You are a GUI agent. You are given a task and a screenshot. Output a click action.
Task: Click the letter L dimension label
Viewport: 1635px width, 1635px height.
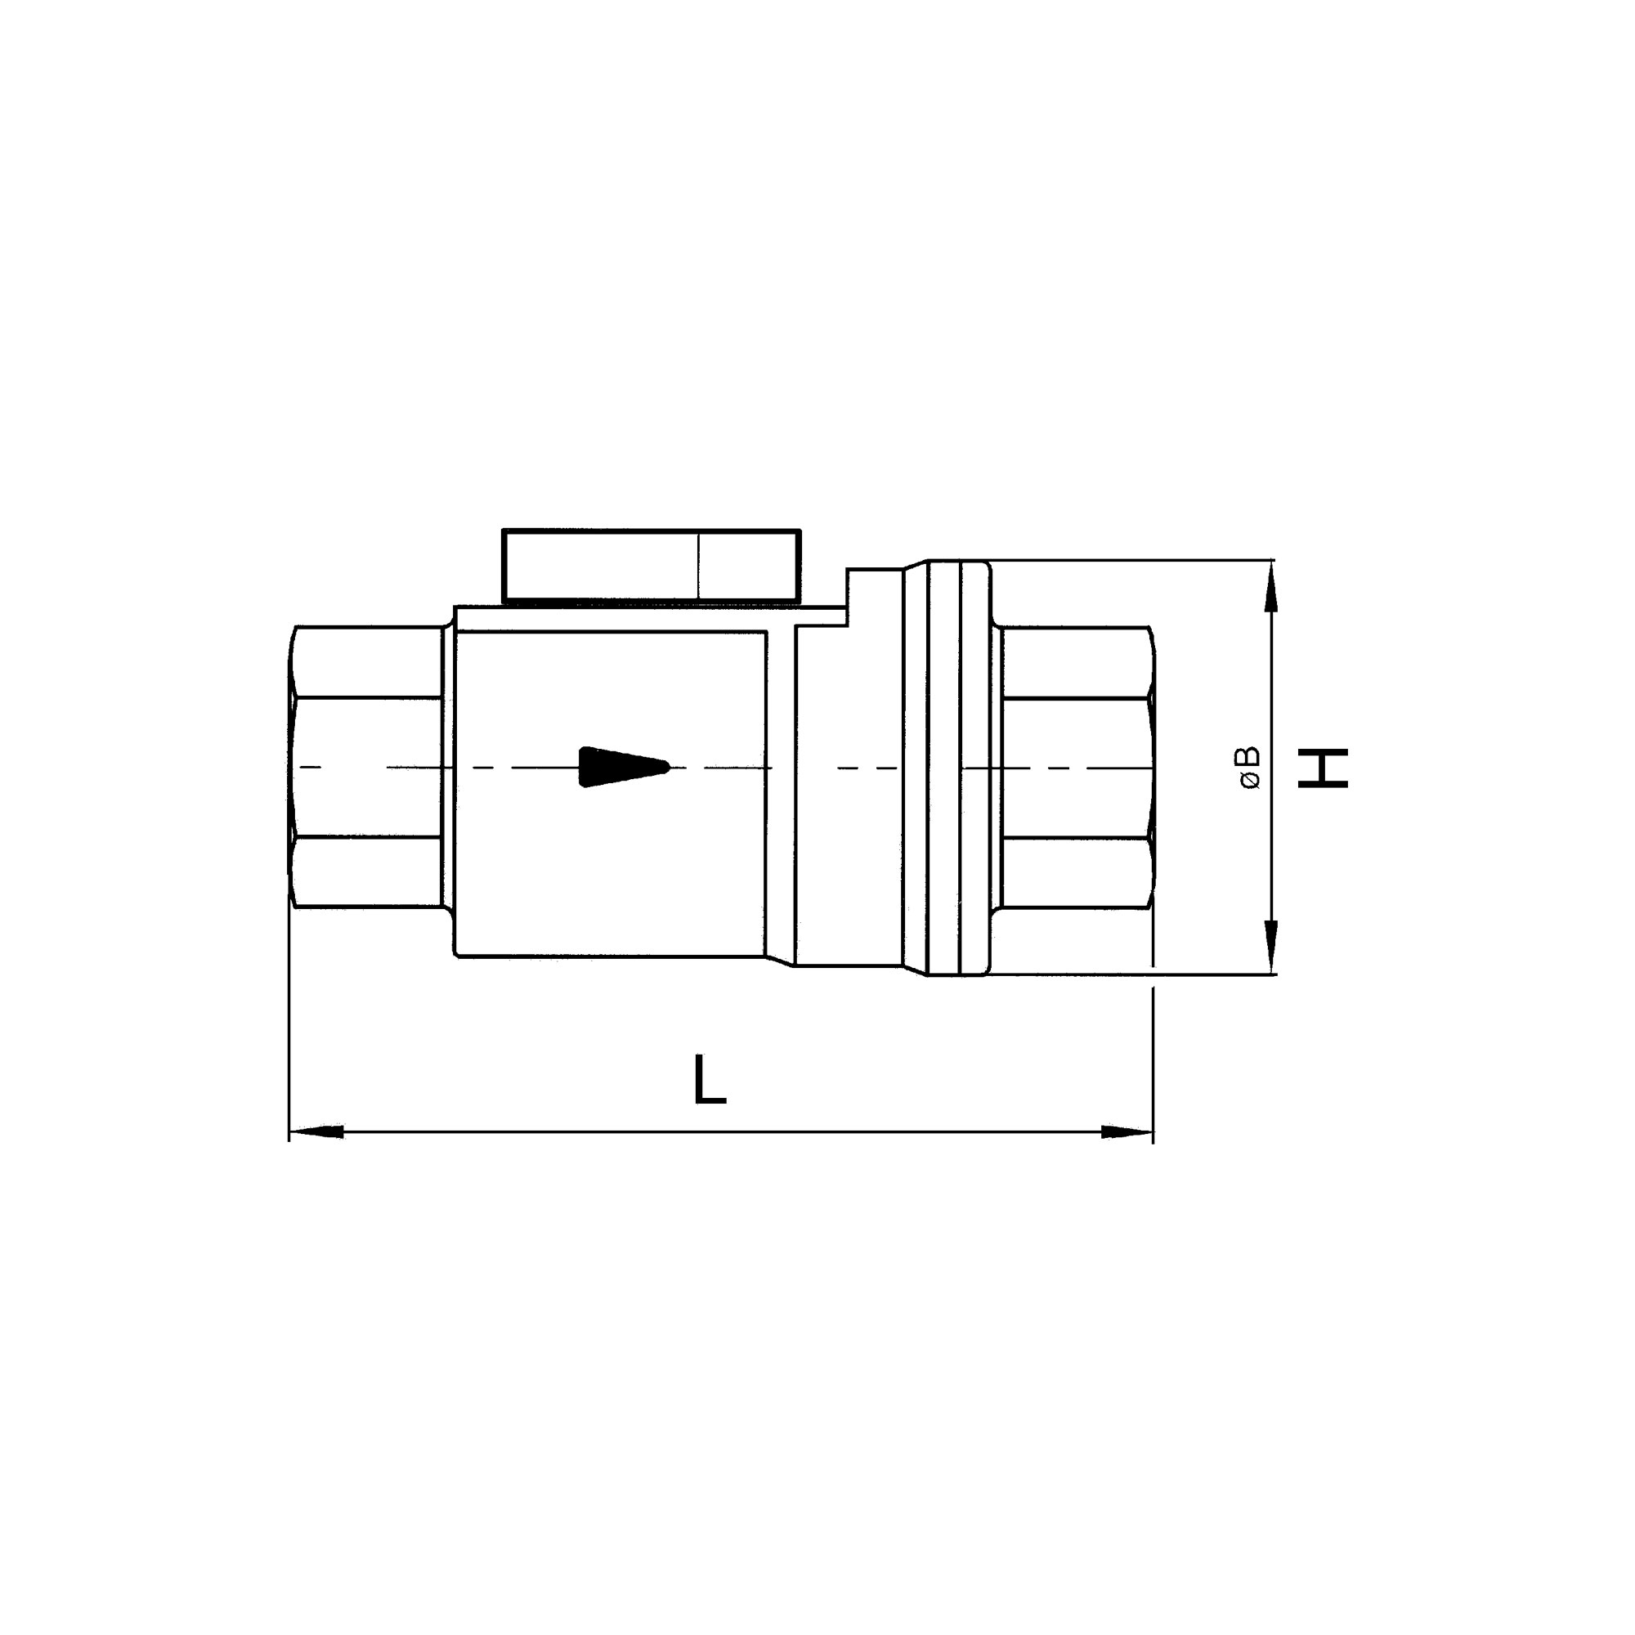coord(709,1079)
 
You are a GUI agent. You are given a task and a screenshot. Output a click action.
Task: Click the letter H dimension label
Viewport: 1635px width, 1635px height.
coord(1323,768)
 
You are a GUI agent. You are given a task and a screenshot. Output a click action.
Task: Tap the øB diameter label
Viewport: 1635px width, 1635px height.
coord(1250,768)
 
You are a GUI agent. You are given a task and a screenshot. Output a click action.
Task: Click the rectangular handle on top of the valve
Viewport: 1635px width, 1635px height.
coord(651,567)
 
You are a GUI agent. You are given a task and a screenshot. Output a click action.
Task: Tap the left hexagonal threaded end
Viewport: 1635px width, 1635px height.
coord(365,768)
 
